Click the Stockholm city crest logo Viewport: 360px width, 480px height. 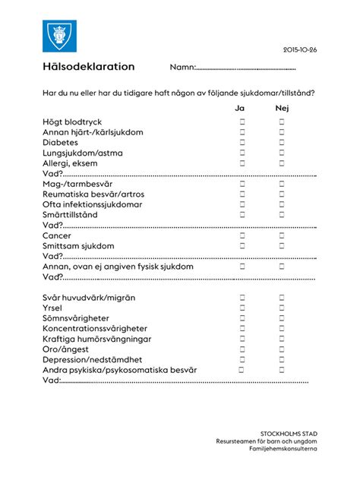(57, 33)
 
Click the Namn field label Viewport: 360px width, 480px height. (182, 68)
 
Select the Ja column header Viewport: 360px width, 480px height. (240, 108)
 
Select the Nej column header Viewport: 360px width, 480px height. (282, 108)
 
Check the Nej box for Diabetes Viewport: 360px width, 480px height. (282, 142)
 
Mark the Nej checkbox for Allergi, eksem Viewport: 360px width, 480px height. (282, 163)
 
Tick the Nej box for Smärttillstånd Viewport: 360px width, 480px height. (282, 215)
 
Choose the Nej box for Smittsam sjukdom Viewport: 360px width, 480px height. (282, 246)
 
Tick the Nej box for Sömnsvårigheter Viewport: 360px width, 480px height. (282, 318)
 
